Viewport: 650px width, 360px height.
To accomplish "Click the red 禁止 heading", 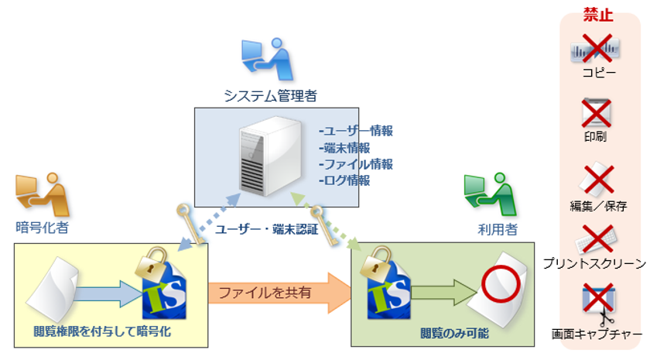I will click(x=597, y=15).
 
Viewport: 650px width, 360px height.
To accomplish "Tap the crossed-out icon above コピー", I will click(x=597, y=48).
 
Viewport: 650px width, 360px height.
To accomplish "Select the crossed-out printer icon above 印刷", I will click(x=597, y=114).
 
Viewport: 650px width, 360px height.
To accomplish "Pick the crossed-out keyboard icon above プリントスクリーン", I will click(x=597, y=238).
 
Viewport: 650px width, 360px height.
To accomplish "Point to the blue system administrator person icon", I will click(x=267, y=59).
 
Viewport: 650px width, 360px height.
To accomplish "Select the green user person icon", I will click(x=488, y=194).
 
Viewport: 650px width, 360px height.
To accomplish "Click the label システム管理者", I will click(x=270, y=96).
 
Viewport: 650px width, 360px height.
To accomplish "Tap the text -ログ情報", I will click(x=344, y=180).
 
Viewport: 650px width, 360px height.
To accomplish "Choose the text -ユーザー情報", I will click(x=356, y=131).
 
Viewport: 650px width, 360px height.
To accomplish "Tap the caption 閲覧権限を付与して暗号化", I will click(x=102, y=332).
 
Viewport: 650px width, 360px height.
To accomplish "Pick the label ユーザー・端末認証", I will click(x=266, y=230).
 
